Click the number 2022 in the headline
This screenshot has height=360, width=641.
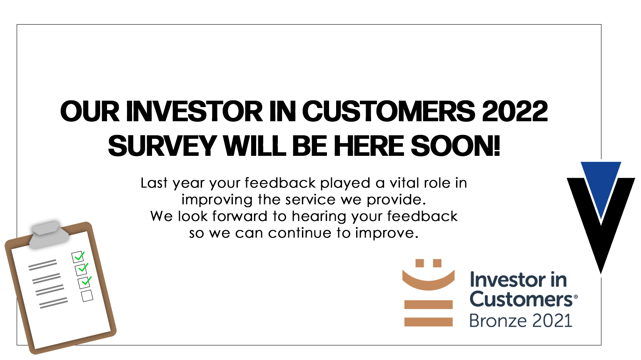514,111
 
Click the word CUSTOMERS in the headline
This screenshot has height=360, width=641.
389,111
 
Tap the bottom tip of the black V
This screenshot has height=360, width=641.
601,274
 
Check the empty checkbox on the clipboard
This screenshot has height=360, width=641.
87,295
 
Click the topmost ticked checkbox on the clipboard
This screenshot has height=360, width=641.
78,257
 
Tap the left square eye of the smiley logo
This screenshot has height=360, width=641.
419,263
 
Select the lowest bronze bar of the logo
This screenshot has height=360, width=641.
429,322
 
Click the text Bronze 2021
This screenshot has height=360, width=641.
521,320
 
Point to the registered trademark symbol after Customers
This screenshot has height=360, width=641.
576,297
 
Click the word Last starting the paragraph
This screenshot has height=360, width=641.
154,183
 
